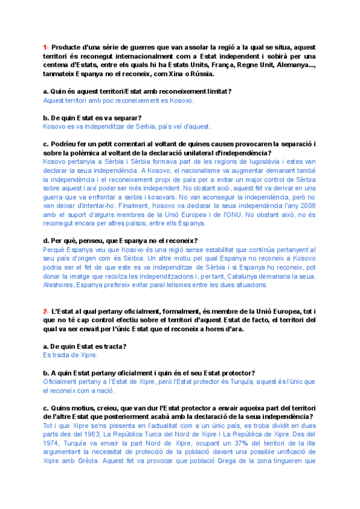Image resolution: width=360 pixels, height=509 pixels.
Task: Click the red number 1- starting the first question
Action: [46, 47]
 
